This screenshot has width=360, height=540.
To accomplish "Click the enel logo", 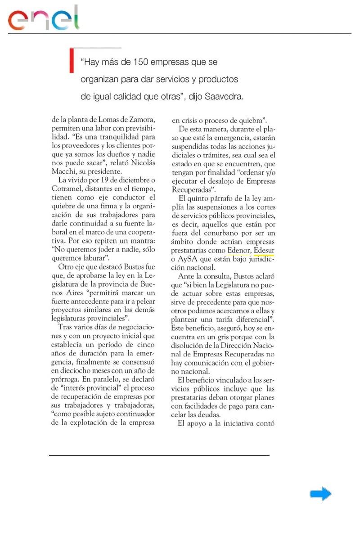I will tap(43, 19).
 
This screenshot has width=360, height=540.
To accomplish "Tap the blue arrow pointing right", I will tap(320, 494).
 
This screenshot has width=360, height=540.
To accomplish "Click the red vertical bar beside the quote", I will tap(71, 60).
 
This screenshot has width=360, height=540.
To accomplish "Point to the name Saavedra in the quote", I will tap(224, 96).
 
